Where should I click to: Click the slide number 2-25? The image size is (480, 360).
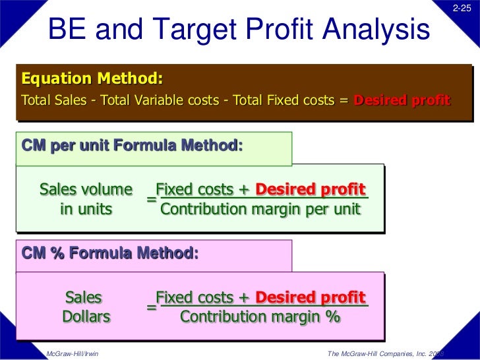pyautogui.click(x=462, y=7)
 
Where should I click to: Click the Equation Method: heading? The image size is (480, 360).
pyautogui.click(x=92, y=80)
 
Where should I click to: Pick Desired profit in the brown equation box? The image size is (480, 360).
pyautogui.click(x=402, y=101)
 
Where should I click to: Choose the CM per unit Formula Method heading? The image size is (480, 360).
pyautogui.click(x=132, y=143)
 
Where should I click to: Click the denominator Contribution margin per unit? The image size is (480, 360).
pyautogui.click(x=260, y=210)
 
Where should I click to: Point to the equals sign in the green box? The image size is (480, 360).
pyautogui.click(x=151, y=198)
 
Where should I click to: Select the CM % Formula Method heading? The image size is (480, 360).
pyautogui.click(x=109, y=253)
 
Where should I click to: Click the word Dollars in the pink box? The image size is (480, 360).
pyautogui.click(x=86, y=316)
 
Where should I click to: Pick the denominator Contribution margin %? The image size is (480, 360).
pyautogui.click(x=260, y=316)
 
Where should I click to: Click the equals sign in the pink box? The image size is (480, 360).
pyautogui.click(x=151, y=306)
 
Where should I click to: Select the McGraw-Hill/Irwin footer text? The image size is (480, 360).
pyautogui.click(x=73, y=353)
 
